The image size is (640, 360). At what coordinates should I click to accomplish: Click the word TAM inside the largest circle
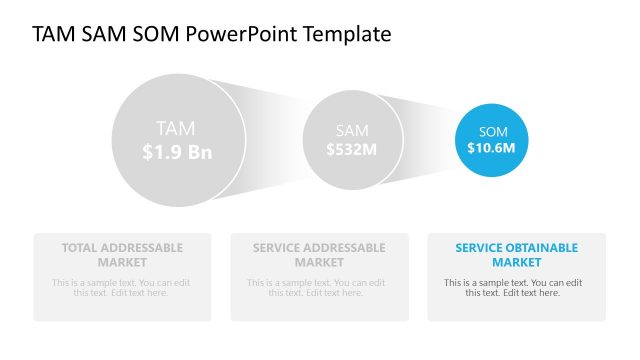click(x=176, y=128)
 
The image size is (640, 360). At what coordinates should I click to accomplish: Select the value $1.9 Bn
click(x=177, y=152)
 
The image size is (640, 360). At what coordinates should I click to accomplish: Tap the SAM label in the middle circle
click(x=352, y=130)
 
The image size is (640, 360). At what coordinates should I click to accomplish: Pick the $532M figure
click(x=352, y=149)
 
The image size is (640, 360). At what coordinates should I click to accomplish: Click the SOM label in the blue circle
click(x=493, y=131)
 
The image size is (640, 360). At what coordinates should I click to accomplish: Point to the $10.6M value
click(x=491, y=148)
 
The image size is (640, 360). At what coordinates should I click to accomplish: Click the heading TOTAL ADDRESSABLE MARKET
click(x=122, y=254)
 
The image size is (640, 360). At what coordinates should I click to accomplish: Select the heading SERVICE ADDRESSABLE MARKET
click(x=319, y=254)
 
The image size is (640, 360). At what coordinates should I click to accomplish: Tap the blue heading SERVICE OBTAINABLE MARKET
click(x=516, y=254)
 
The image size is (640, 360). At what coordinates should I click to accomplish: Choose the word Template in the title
click(x=346, y=34)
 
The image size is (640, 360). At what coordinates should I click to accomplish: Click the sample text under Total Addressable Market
click(x=122, y=287)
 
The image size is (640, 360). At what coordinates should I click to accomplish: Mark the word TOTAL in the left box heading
click(x=79, y=247)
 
